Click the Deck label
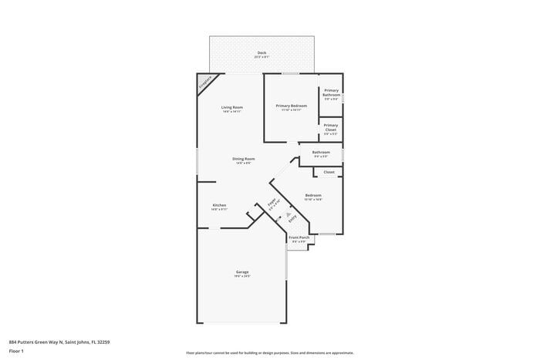click(262, 52)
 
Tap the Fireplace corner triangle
click(205, 82)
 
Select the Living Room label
click(232, 107)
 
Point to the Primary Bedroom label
click(291, 106)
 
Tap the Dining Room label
click(244, 159)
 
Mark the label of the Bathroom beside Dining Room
click(321, 152)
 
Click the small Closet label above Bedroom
click(329, 172)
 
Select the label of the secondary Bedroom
click(312, 195)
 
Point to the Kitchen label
click(219, 205)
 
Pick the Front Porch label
click(299, 237)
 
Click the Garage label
click(242, 272)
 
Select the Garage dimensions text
click(242, 277)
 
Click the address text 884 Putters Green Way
click(54, 341)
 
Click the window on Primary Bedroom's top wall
click(291, 74)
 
